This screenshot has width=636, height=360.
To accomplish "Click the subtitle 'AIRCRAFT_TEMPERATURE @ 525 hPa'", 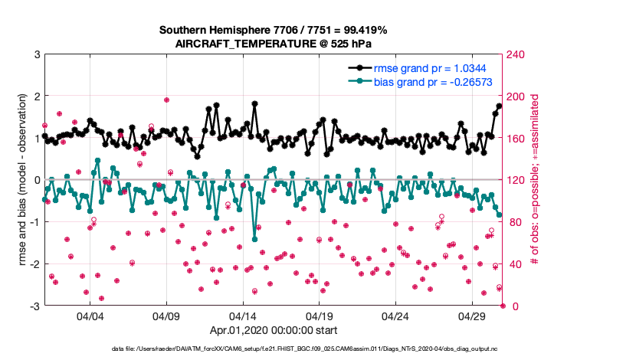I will click(x=273, y=44).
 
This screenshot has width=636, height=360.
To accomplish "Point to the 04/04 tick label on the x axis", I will click(x=90, y=316).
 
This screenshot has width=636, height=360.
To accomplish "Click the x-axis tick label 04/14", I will click(x=243, y=316).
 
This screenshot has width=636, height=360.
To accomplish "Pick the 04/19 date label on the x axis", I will click(x=319, y=316).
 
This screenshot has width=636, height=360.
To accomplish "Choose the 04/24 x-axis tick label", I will click(x=395, y=316).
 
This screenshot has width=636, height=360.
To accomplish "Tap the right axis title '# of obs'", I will click(x=535, y=181).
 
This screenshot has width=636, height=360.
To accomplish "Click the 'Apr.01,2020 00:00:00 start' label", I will click(x=273, y=332).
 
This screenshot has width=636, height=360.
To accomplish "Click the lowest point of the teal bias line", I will click(x=254, y=239).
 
